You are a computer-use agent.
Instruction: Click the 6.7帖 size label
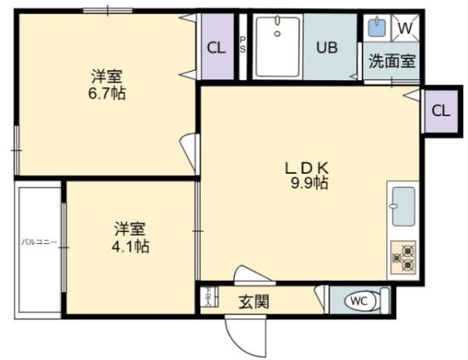pyautogui.click(x=109, y=94)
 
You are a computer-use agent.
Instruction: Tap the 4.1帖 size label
pyautogui.click(x=132, y=247)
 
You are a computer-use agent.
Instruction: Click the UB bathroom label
pyautogui.click(x=326, y=48)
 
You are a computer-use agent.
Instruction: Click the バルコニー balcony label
pyautogui.click(x=38, y=242)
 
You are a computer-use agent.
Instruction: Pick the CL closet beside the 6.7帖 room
pyautogui.click(x=216, y=48)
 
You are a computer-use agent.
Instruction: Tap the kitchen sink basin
pyautogui.click(x=403, y=206)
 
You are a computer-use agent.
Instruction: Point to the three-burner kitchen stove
pyautogui.click(x=403, y=256)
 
